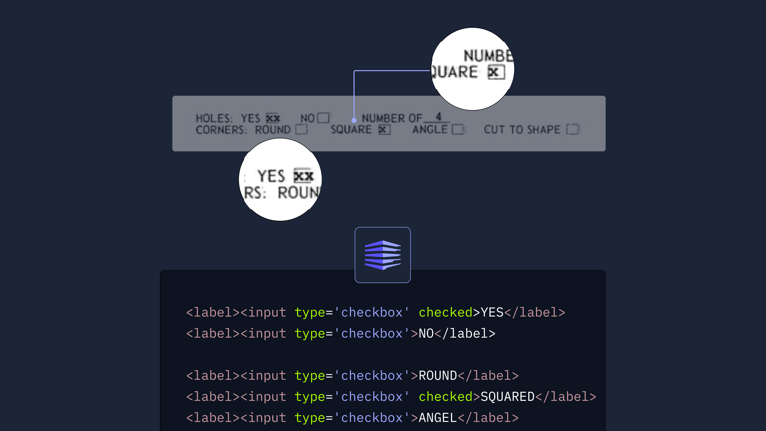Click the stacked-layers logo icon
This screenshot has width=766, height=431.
383,255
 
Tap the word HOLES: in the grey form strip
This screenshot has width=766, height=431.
214,118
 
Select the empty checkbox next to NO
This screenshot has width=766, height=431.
323,118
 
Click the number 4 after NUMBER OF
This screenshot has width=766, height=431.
438,116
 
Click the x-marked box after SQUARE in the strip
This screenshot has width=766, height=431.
384,129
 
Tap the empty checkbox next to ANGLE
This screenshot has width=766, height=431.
458,129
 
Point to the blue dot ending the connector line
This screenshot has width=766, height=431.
354,120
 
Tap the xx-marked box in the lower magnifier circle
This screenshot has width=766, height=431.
303,176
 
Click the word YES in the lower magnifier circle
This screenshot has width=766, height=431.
271,176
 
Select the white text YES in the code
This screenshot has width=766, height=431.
492,312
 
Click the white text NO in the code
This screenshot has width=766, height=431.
426,334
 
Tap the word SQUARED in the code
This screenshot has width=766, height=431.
507,397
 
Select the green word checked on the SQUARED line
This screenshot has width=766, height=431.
445,397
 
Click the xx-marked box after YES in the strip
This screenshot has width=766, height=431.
273,118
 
